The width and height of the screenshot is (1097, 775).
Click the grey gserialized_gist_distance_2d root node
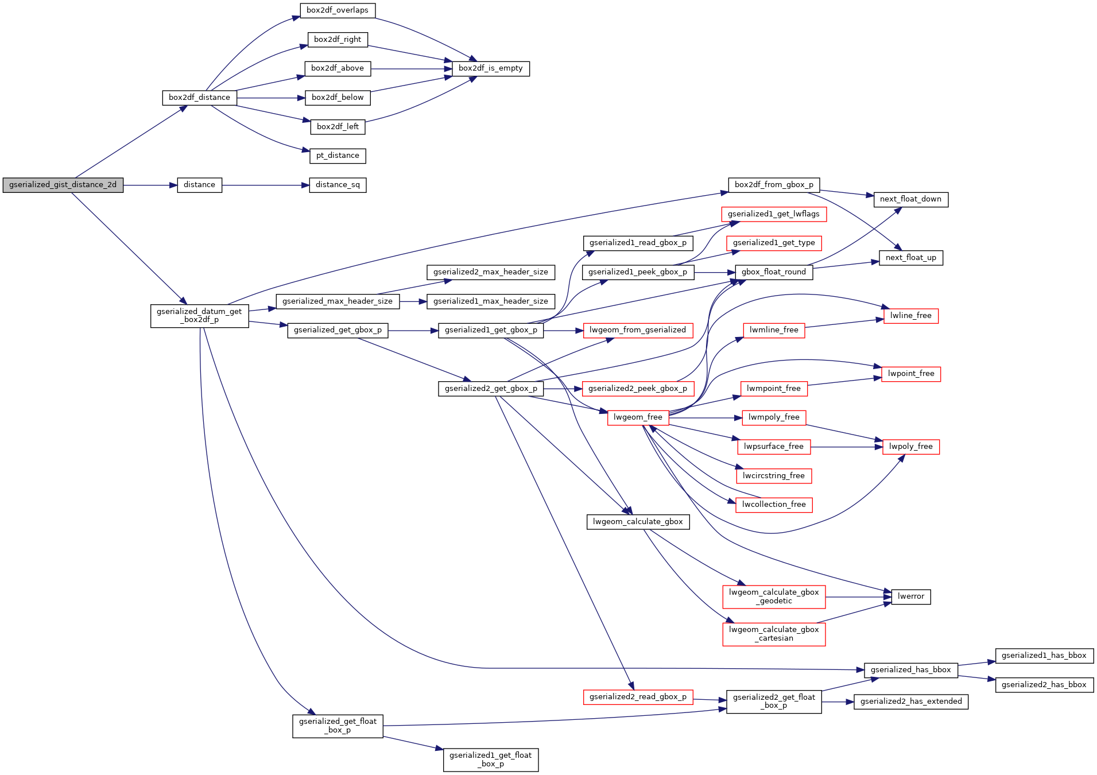[x=63, y=185]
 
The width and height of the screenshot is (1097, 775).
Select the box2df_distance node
[x=199, y=98]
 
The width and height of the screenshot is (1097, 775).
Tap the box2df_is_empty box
[x=490, y=68]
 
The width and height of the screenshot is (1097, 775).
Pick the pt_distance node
[x=338, y=156]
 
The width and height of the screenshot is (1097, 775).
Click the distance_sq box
[x=338, y=185]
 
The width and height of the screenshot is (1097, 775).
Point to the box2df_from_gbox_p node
[x=773, y=185]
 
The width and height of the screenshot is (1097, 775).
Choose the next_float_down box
[x=910, y=199]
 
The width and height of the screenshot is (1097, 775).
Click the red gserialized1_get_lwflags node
[x=773, y=214]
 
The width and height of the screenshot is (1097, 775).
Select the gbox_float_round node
[x=773, y=272]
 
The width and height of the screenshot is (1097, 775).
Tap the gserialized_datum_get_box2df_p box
[x=199, y=316]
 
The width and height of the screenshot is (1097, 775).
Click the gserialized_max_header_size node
[x=338, y=301]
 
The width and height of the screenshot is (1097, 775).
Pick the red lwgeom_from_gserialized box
[x=637, y=330]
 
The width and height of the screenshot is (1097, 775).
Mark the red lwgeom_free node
[x=637, y=417]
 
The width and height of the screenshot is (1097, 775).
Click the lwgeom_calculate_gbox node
[x=637, y=522]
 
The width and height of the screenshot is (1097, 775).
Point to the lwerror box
[x=910, y=596]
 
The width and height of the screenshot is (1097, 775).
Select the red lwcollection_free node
[x=773, y=505]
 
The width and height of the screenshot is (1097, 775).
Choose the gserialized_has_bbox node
[x=910, y=670]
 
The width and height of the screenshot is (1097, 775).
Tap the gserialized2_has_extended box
[x=910, y=702]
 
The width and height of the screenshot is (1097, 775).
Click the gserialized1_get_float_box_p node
[x=490, y=759]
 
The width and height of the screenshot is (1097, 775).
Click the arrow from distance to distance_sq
[x=264, y=185]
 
